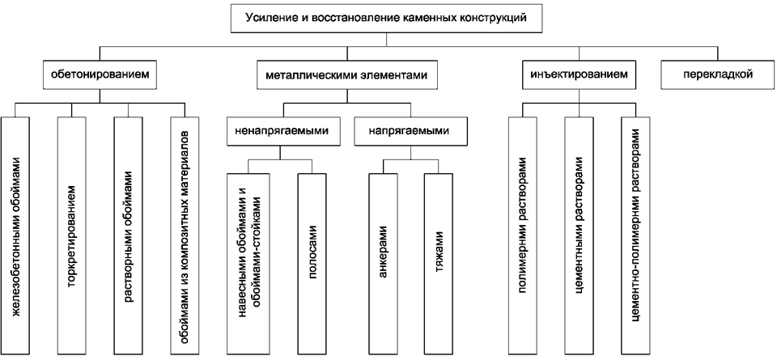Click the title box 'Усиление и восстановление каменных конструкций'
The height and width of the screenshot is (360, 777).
click(x=386, y=18)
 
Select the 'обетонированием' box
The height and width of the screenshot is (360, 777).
click(x=100, y=74)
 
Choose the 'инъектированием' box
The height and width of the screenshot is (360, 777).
click(x=579, y=74)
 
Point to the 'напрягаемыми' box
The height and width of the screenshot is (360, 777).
click(x=410, y=131)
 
